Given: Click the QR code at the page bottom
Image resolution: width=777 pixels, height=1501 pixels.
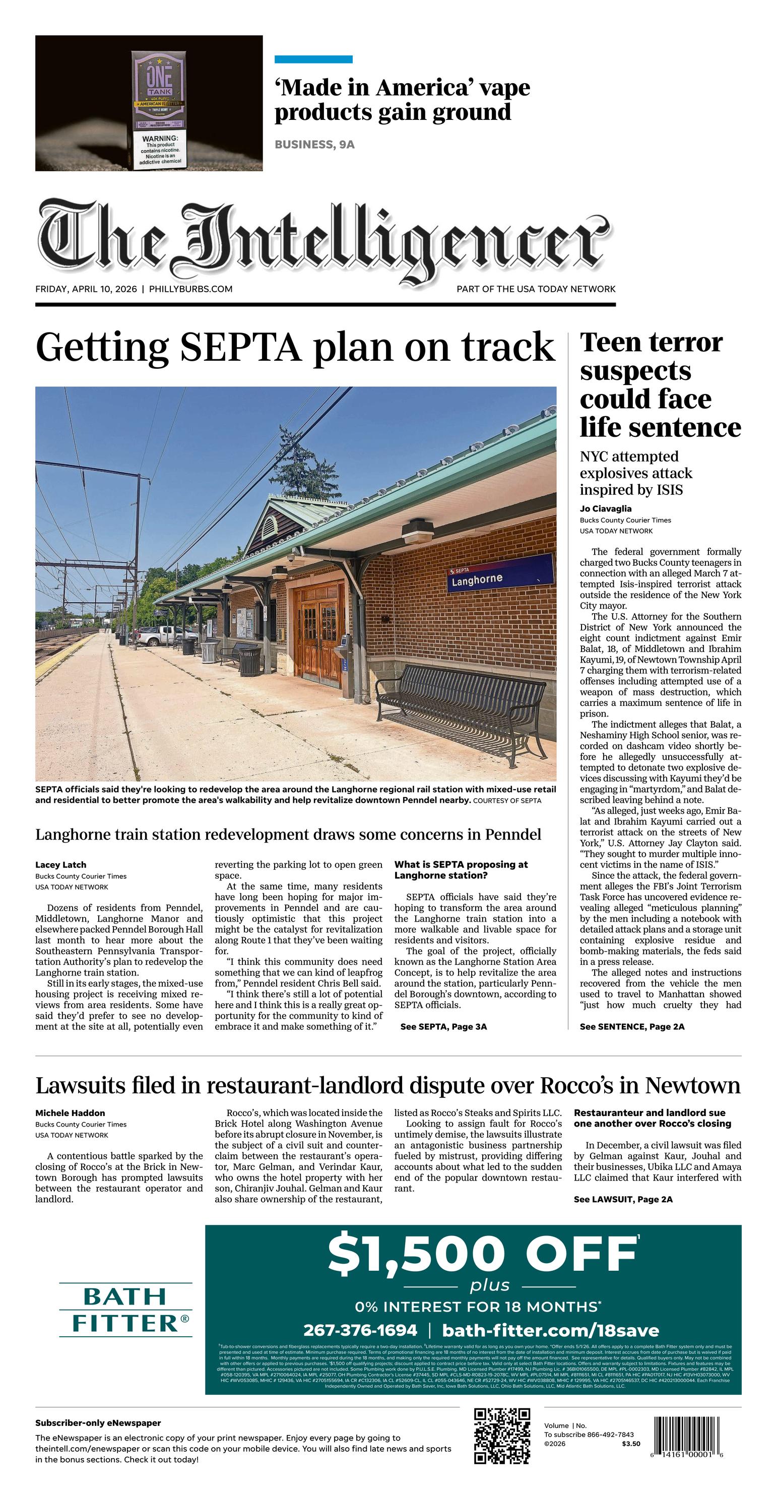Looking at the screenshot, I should coord(502,1435).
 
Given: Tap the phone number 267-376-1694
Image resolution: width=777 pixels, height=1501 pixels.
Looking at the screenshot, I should coord(360,1330).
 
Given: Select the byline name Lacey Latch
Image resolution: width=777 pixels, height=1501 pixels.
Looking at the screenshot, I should coord(60,865).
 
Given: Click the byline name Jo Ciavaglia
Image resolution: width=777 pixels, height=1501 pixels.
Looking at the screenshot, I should coord(606,509).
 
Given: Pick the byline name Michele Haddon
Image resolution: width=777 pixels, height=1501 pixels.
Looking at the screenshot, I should coord(70,1113).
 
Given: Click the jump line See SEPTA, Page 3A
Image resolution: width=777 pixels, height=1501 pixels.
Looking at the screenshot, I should coord(443,1027).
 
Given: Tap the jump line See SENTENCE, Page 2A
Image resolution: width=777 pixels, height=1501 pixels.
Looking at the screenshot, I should coord(632,1027).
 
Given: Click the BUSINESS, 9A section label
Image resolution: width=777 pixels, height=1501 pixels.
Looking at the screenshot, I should coord(314,145).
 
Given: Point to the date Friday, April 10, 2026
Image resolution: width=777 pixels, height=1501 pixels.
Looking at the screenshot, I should coord(86,289).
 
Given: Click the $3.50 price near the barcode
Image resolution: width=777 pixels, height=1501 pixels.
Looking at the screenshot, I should coord(631,1444).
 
